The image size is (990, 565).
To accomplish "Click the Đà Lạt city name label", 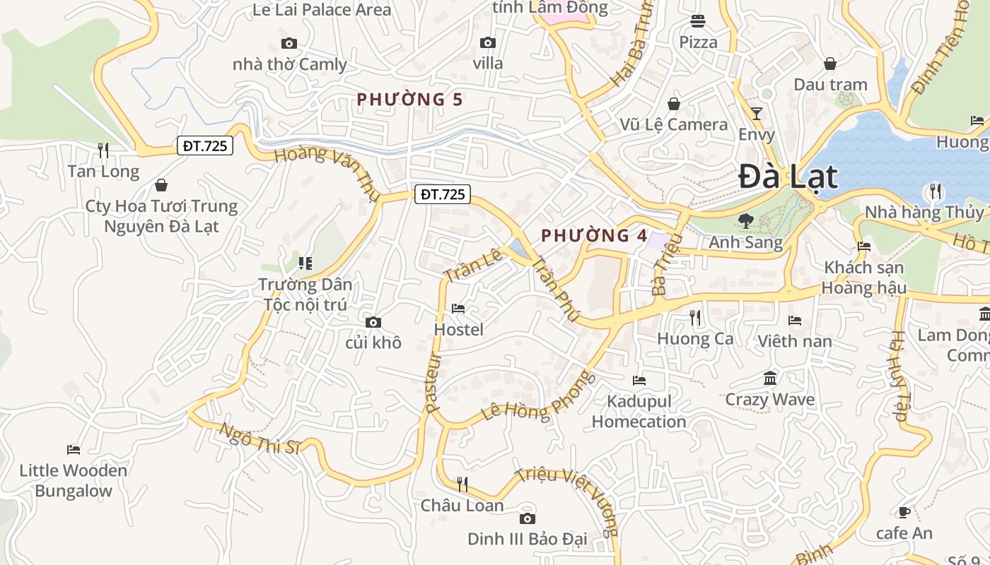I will (x=788, y=177).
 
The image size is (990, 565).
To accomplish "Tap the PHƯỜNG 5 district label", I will (x=409, y=100).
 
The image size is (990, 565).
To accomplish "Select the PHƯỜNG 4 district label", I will (x=594, y=236).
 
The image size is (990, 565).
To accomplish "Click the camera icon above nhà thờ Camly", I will (x=289, y=44).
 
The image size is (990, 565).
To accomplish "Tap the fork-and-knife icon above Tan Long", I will (x=103, y=150).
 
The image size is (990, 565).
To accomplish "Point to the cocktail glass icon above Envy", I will (x=757, y=113).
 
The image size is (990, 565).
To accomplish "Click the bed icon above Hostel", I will (x=458, y=309).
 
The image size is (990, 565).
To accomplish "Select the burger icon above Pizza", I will (x=698, y=21).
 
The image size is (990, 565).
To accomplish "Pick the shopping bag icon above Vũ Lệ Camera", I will (x=674, y=104).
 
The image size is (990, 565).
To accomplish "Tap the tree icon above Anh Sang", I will (x=745, y=221).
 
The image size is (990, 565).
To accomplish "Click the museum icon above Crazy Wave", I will (x=770, y=379).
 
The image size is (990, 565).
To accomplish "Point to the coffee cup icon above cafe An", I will (x=904, y=512).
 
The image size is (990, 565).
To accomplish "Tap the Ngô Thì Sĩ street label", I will (x=260, y=439).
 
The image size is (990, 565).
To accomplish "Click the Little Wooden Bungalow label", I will (x=74, y=481).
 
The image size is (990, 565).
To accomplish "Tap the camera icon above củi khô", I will (x=373, y=323).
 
